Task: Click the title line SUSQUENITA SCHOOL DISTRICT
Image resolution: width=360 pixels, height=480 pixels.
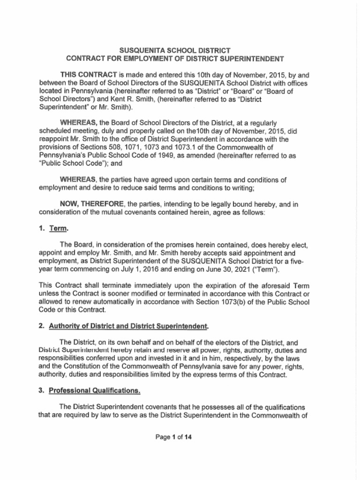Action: coord(175,50)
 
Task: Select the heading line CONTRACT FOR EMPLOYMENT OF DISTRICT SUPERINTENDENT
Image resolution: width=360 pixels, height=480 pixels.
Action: coord(175,59)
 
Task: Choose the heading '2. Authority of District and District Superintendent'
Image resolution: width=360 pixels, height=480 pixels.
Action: coord(125,326)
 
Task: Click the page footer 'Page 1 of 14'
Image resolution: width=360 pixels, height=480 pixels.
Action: coord(174,437)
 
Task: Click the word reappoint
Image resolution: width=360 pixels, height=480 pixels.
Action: coord(54,139)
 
